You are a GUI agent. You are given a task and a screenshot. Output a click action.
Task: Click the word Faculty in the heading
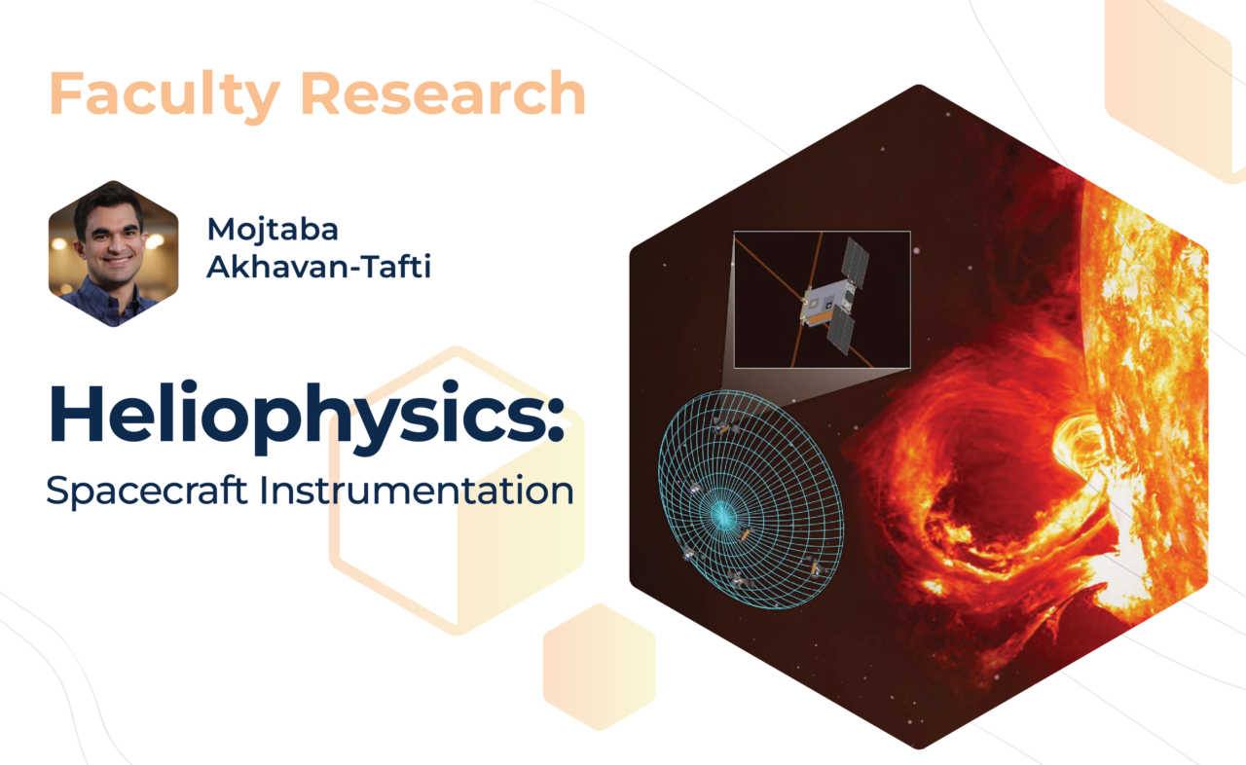coord(165,94)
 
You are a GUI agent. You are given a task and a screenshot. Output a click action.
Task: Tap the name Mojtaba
coord(273,230)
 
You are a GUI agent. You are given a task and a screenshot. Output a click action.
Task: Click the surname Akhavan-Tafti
coord(318,267)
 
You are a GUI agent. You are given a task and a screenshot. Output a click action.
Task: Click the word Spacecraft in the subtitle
coord(147,492)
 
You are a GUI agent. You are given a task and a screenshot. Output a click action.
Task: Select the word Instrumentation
coord(416,490)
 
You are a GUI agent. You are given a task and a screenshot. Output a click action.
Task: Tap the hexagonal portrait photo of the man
coord(114,253)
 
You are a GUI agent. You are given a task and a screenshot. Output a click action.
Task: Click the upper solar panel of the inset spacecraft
coord(856,263)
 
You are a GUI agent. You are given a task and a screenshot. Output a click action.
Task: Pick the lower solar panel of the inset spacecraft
coord(841,330)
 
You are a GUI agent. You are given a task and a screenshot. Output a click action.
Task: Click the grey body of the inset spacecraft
coord(825,303)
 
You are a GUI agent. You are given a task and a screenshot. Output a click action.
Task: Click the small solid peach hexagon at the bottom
coord(599,667)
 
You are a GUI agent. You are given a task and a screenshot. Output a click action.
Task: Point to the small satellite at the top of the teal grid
coord(724,427)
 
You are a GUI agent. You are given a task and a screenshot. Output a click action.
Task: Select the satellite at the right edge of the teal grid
coord(817,568)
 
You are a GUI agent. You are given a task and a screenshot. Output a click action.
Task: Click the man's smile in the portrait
coord(118,260)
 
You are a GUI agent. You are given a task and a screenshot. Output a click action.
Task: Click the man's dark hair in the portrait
coord(108,201)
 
